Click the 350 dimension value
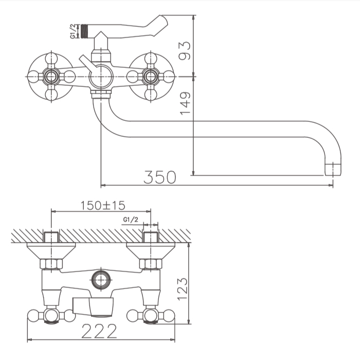(x=160, y=177)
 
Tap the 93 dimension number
(x=185, y=50)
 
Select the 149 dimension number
(x=185, y=103)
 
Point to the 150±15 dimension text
(x=103, y=206)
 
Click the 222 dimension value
(x=99, y=331)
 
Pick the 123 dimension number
(x=183, y=289)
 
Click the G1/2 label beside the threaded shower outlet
(x=73, y=31)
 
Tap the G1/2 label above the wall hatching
(x=131, y=220)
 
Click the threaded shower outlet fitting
(x=84, y=31)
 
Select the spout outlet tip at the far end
(x=333, y=169)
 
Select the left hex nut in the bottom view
(x=51, y=264)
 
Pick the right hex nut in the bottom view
(x=151, y=264)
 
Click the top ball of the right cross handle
(x=150, y=58)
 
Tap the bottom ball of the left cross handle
(x=51, y=95)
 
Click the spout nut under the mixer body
(x=101, y=94)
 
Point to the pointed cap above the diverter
(x=101, y=41)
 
